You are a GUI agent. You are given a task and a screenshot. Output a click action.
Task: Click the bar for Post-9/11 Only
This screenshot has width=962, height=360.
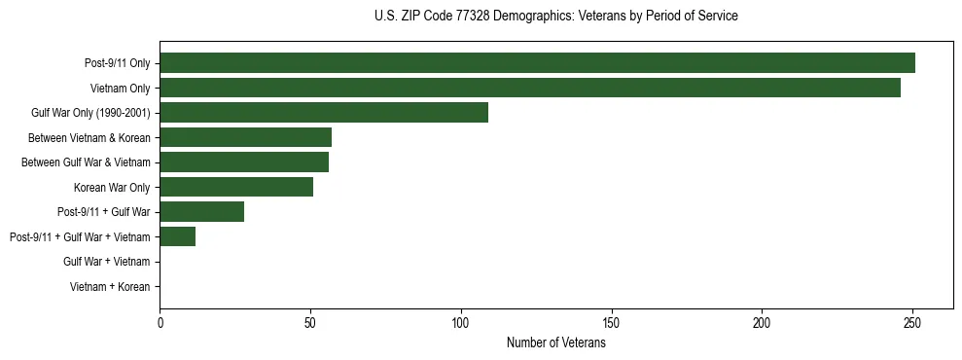point(537,63)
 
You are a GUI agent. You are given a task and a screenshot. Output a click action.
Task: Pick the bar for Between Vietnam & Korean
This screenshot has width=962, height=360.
point(245,137)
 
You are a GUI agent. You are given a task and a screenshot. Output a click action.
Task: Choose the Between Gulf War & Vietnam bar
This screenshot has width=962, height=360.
point(244,162)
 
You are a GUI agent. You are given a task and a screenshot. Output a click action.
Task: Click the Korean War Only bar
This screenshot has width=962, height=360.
point(236,187)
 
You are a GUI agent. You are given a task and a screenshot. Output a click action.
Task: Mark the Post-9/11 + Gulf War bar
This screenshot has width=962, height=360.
point(201,212)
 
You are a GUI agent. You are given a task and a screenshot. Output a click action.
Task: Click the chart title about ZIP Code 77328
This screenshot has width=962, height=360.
point(555,17)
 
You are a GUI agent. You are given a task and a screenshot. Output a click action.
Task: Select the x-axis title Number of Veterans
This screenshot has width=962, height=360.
point(555,342)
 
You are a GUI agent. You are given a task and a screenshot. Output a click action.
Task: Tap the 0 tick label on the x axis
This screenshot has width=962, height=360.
point(160,322)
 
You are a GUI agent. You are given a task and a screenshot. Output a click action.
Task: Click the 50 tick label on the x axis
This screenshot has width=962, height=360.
point(310,322)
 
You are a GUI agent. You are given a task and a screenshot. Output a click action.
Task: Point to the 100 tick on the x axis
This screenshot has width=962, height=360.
point(461,322)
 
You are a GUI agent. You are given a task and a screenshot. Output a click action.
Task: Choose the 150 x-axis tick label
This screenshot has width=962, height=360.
point(611,322)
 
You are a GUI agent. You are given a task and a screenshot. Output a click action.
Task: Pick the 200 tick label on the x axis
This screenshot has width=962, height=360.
point(762,322)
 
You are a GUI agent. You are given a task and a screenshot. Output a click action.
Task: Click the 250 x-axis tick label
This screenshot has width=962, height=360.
point(912,322)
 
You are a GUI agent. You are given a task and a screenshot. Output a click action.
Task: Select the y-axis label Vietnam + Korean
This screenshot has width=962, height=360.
point(110,287)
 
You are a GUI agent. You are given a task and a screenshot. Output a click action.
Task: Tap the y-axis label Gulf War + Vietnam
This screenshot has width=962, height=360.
point(106,262)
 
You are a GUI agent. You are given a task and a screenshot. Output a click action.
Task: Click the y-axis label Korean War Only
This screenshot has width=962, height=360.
point(111,188)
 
